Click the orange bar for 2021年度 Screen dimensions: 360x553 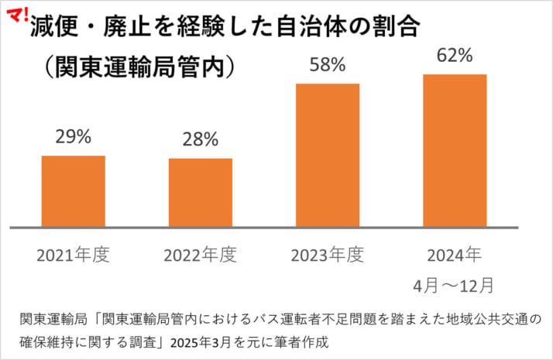pos(73,191)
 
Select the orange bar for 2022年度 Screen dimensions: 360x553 pos(200,193)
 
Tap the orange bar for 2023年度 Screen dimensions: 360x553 pos(328,155)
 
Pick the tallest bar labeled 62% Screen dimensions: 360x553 pos(455,150)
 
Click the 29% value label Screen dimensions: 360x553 pos(74,137)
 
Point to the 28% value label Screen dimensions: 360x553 pos(200,140)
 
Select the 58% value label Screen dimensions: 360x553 pos(327,65)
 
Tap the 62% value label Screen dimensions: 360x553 pos(455,55)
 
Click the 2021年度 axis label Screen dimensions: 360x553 pos(74,255)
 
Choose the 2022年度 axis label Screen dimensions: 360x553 pos(200,255)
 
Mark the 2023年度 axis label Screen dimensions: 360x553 pos(327,255)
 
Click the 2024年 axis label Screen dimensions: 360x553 pos(455,255)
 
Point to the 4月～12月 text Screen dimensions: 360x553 pos(455,284)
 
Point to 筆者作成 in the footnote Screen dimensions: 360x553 pos(305,341)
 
